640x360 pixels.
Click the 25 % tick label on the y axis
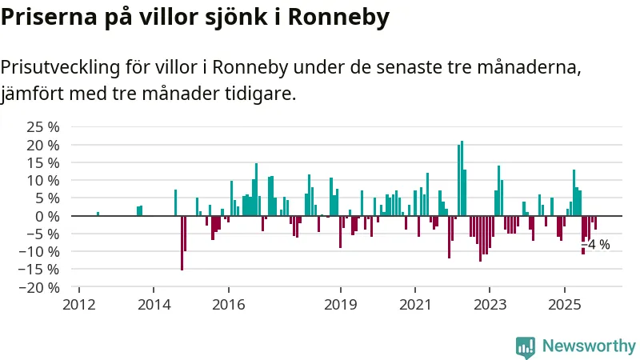coord(43,128)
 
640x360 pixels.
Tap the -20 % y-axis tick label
coord(40,287)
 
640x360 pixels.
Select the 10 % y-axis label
coord(43,181)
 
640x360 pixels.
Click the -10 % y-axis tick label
coord(40,251)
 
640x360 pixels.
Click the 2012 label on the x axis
coord(79,304)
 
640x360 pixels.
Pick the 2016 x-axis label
coord(228,304)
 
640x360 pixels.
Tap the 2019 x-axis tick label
coord(341,304)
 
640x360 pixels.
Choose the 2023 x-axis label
coord(490,304)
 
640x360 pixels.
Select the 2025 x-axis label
coord(565,304)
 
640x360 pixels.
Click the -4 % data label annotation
coord(597,244)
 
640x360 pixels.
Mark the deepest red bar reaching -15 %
coord(182,242)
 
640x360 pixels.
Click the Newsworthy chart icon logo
coord(526,346)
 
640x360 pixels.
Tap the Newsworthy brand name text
coord(589,346)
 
